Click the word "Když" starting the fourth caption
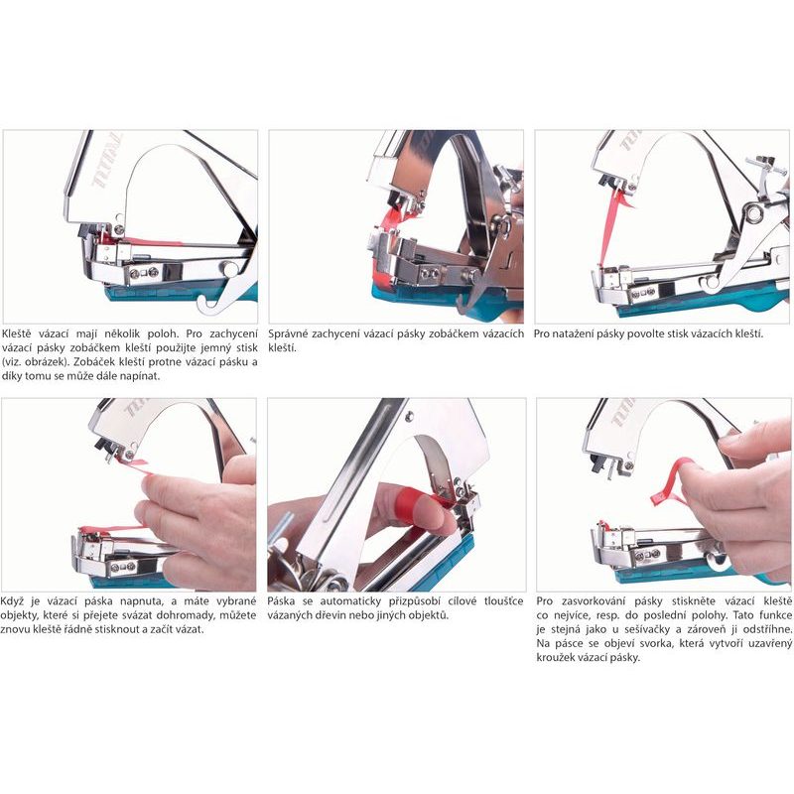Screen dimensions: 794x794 (12, 601)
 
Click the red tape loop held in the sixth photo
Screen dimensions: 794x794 (671, 483)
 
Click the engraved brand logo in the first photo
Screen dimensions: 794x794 (107, 161)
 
